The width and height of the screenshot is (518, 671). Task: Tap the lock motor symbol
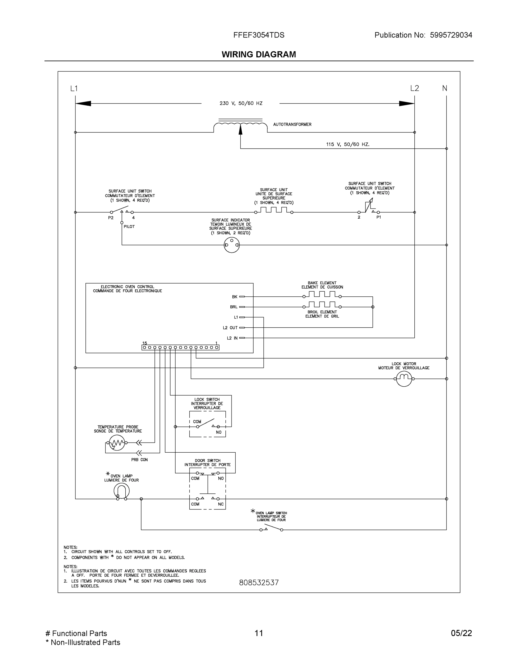404,379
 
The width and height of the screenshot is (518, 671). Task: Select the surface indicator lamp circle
232,245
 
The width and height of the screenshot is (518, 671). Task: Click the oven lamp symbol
121,491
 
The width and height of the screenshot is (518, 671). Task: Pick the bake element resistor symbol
322,295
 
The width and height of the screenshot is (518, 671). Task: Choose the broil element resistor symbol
322,305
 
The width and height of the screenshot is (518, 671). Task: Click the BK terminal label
235,297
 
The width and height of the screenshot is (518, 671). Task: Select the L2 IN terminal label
232,338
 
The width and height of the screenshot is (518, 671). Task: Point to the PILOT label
129,227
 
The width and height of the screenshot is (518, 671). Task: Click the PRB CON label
139,460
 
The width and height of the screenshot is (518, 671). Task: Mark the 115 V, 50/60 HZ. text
348,144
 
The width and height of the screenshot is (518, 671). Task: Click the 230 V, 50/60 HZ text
241,103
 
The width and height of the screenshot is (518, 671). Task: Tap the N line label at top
444,88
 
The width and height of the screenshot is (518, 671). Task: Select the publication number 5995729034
451,35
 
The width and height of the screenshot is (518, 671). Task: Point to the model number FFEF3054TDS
259,35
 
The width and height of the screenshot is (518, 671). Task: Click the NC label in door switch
221,504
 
